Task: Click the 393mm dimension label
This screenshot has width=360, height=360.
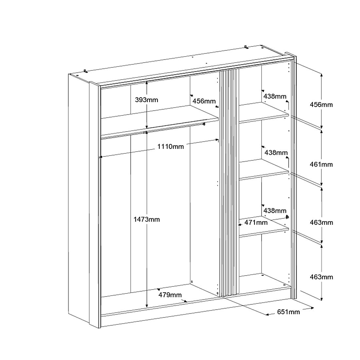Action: tap(147, 100)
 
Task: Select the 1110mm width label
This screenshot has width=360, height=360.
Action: tap(171, 147)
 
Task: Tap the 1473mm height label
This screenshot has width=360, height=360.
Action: tap(147, 220)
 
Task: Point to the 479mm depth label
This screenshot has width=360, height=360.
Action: tap(170, 295)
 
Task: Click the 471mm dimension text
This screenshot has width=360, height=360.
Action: tap(256, 223)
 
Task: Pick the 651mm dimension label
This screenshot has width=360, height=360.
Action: tap(288, 312)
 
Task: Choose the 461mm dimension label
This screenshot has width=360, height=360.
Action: tap(321, 164)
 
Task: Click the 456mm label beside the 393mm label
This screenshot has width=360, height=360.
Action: tap(204, 101)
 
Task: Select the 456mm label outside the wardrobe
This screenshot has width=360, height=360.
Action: tap(321, 105)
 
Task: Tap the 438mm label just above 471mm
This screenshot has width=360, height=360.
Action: tap(275, 210)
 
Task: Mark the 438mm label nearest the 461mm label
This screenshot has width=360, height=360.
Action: tap(276, 153)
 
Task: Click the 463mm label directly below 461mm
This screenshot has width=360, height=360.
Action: tap(321, 223)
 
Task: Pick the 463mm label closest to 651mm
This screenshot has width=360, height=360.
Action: tap(321, 277)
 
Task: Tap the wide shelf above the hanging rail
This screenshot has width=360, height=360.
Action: tap(160, 120)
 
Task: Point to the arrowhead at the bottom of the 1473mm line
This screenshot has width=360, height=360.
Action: tap(147, 306)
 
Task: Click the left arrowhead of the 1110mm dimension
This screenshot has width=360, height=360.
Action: tap(100, 157)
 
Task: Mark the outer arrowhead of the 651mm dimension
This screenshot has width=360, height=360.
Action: tap(313, 308)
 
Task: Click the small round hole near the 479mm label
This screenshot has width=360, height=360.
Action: tap(191, 282)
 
